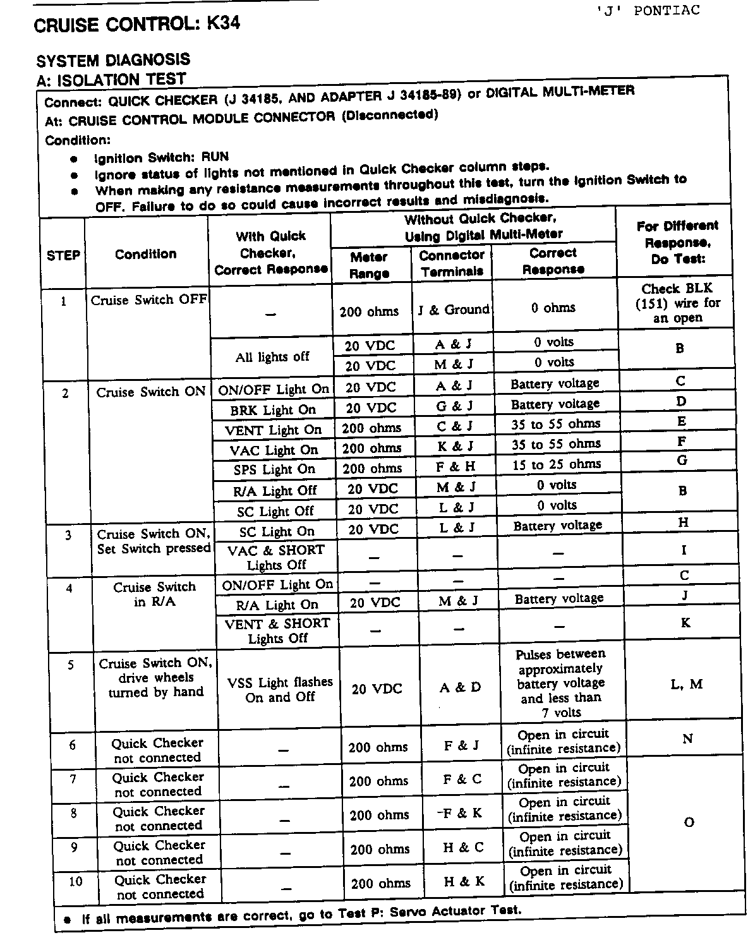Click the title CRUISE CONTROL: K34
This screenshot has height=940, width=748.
pyautogui.click(x=136, y=25)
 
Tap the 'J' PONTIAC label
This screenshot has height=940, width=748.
pyautogui.click(x=648, y=11)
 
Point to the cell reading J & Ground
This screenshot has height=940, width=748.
pyautogui.click(x=454, y=310)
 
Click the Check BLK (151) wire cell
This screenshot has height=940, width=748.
pyautogui.click(x=678, y=303)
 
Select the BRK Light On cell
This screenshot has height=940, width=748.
pyautogui.click(x=273, y=410)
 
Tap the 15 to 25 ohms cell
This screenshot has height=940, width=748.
pyautogui.click(x=557, y=464)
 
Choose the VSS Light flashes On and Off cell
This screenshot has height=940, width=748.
pyautogui.click(x=280, y=690)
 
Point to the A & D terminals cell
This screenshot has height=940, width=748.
pyautogui.click(x=460, y=688)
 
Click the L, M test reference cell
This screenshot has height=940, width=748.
pyautogui.click(x=686, y=684)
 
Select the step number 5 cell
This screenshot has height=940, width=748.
pyautogui.click(x=71, y=665)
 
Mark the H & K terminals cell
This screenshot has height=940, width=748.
pyautogui.click(x=464, y=881)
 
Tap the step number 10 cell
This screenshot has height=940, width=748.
pyautogui.click(x=76, y=881)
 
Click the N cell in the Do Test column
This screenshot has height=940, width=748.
pyautogui.click(x=688, y=738)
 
